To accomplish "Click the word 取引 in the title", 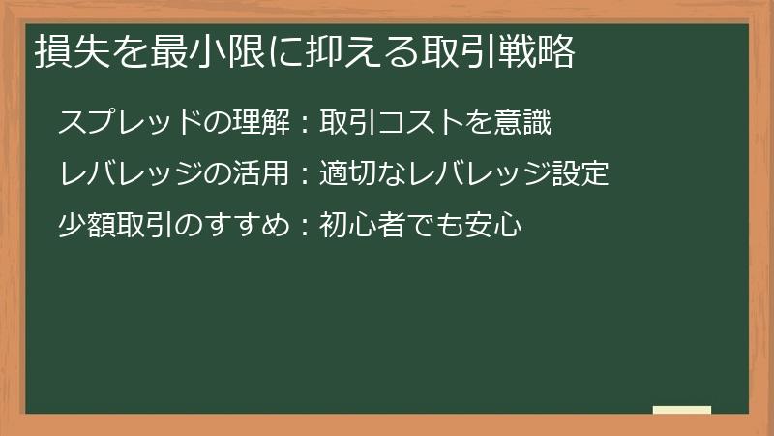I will pyautogui.click(x=447, y=52).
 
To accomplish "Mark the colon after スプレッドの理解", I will pyautogui.click(x=303, y=124).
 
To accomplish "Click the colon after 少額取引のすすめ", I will pyautogui.click(x=303, y=227).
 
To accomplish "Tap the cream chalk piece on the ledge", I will pyautogui.click(x=681, y=410).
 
